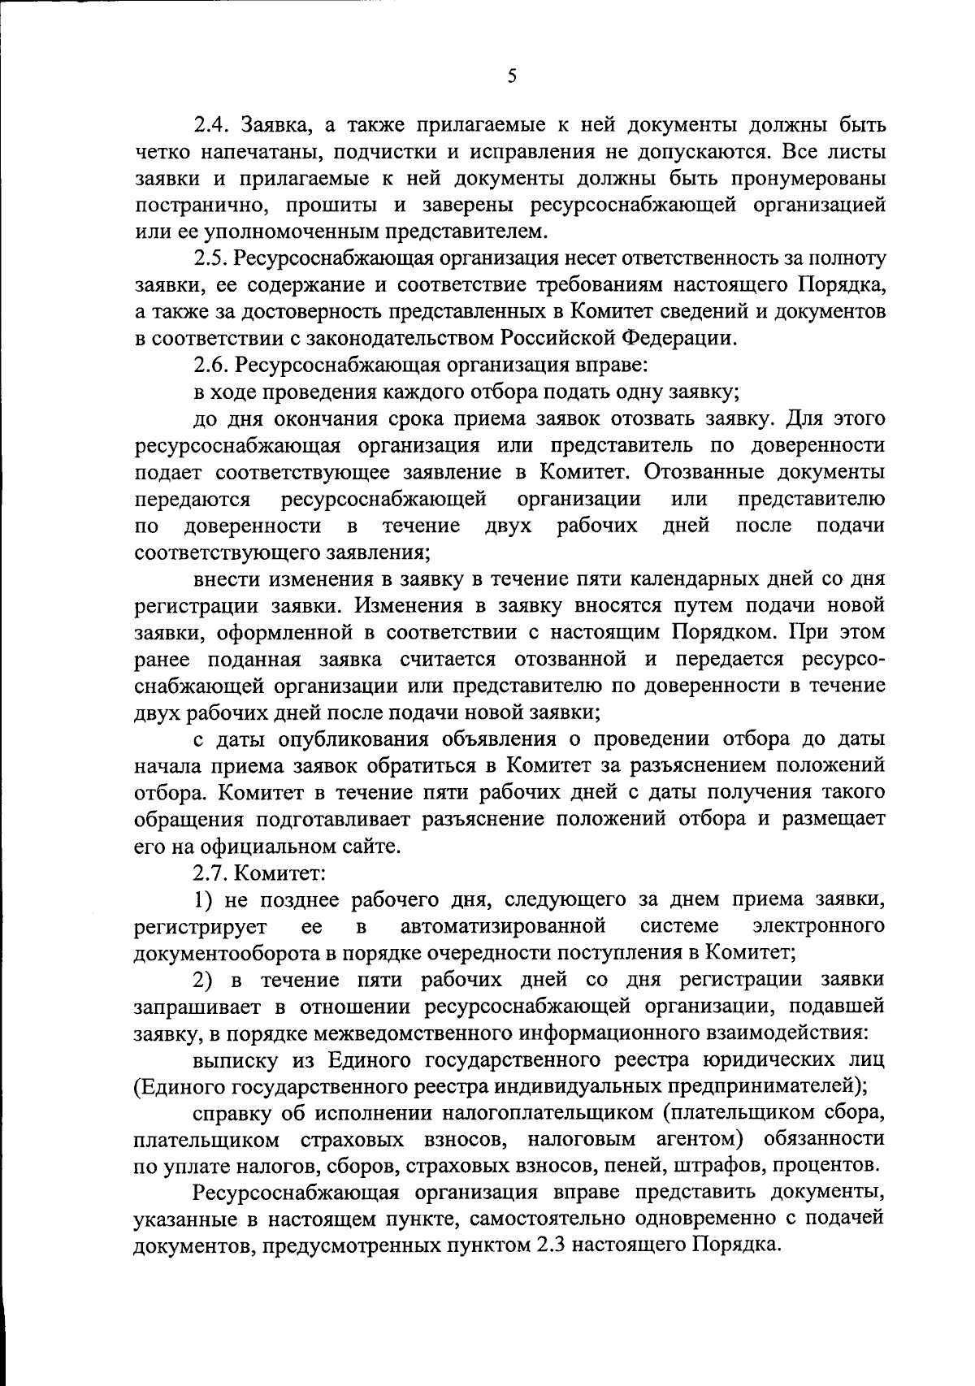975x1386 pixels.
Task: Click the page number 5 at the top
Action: click(511, 76)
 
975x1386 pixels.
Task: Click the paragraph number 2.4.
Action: click(214, 125)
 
